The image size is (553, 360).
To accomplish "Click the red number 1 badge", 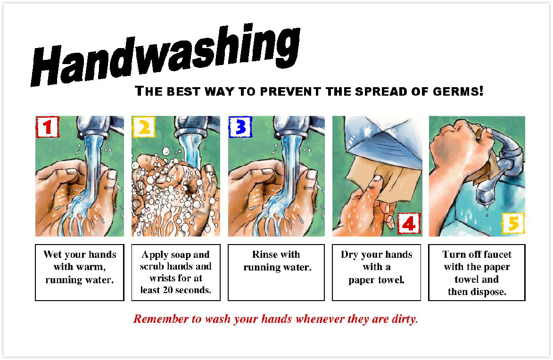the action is point(48,127).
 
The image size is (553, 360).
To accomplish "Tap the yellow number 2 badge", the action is point(144,127).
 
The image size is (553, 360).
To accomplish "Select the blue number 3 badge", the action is point(240,127).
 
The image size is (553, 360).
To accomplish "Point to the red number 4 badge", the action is point(409,223).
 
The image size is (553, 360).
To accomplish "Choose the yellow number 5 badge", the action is point(513,223).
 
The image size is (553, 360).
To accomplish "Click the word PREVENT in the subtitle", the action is point(290,92).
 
